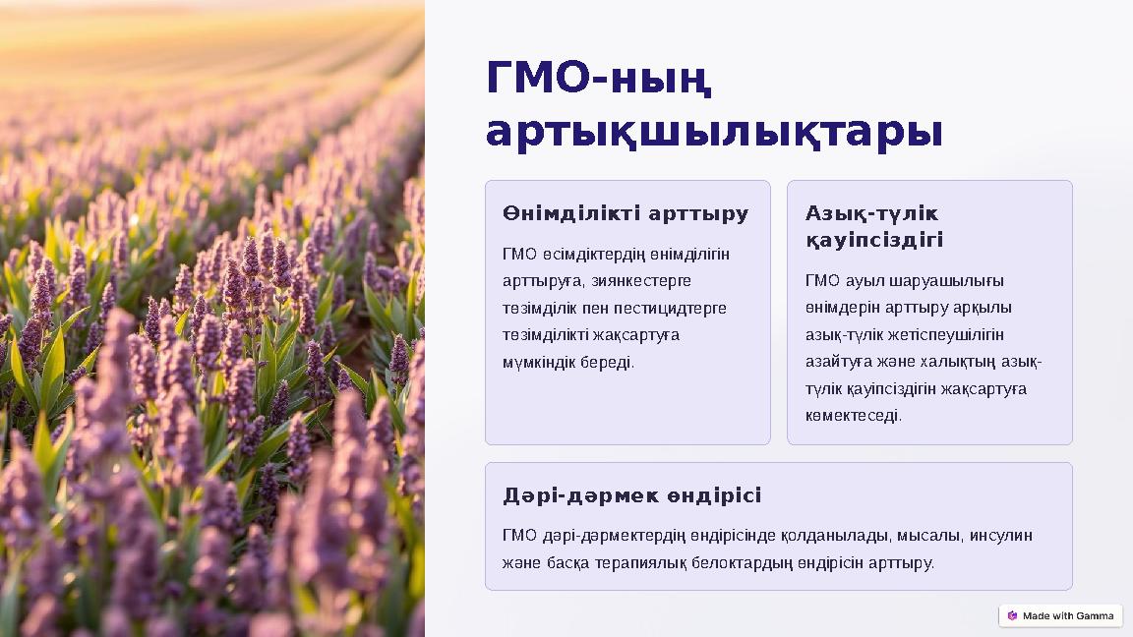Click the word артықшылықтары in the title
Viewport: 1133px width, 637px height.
point(715,133)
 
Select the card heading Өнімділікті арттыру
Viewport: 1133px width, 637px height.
point(626,213)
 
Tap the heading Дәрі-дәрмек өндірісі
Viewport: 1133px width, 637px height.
point(631,495)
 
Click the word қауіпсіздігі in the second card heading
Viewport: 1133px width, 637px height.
point(874,240)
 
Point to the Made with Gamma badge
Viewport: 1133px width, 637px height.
point(1060,615)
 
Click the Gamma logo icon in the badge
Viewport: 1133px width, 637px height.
point(1012,615)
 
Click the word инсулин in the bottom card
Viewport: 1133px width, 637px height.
point(1001,536)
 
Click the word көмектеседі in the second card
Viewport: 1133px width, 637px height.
point(853,416)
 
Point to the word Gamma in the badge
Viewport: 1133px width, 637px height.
point(1094,616)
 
